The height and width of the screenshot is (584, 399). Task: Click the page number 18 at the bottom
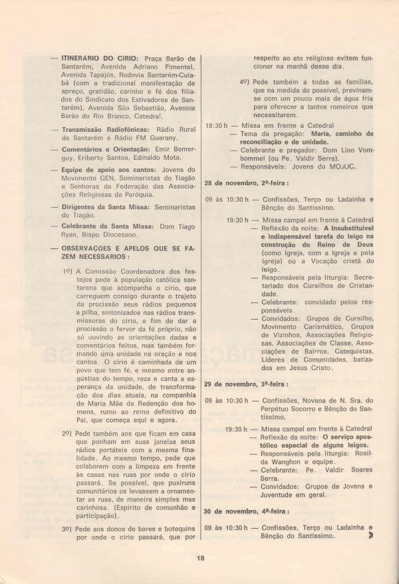(199, 558)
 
